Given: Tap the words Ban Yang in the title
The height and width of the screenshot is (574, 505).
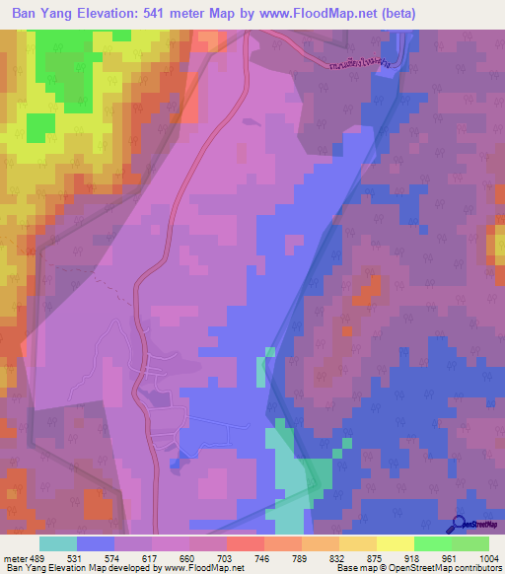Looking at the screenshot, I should (x=43, y=14).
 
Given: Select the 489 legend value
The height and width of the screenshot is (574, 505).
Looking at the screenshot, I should (x=36, y=559).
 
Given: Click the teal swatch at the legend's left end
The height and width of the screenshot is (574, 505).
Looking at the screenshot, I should (x=57, y=543).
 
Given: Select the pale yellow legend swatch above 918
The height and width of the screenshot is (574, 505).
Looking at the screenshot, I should (x=396, y=543).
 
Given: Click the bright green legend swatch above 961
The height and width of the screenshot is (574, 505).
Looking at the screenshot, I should (x=433, y=543).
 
